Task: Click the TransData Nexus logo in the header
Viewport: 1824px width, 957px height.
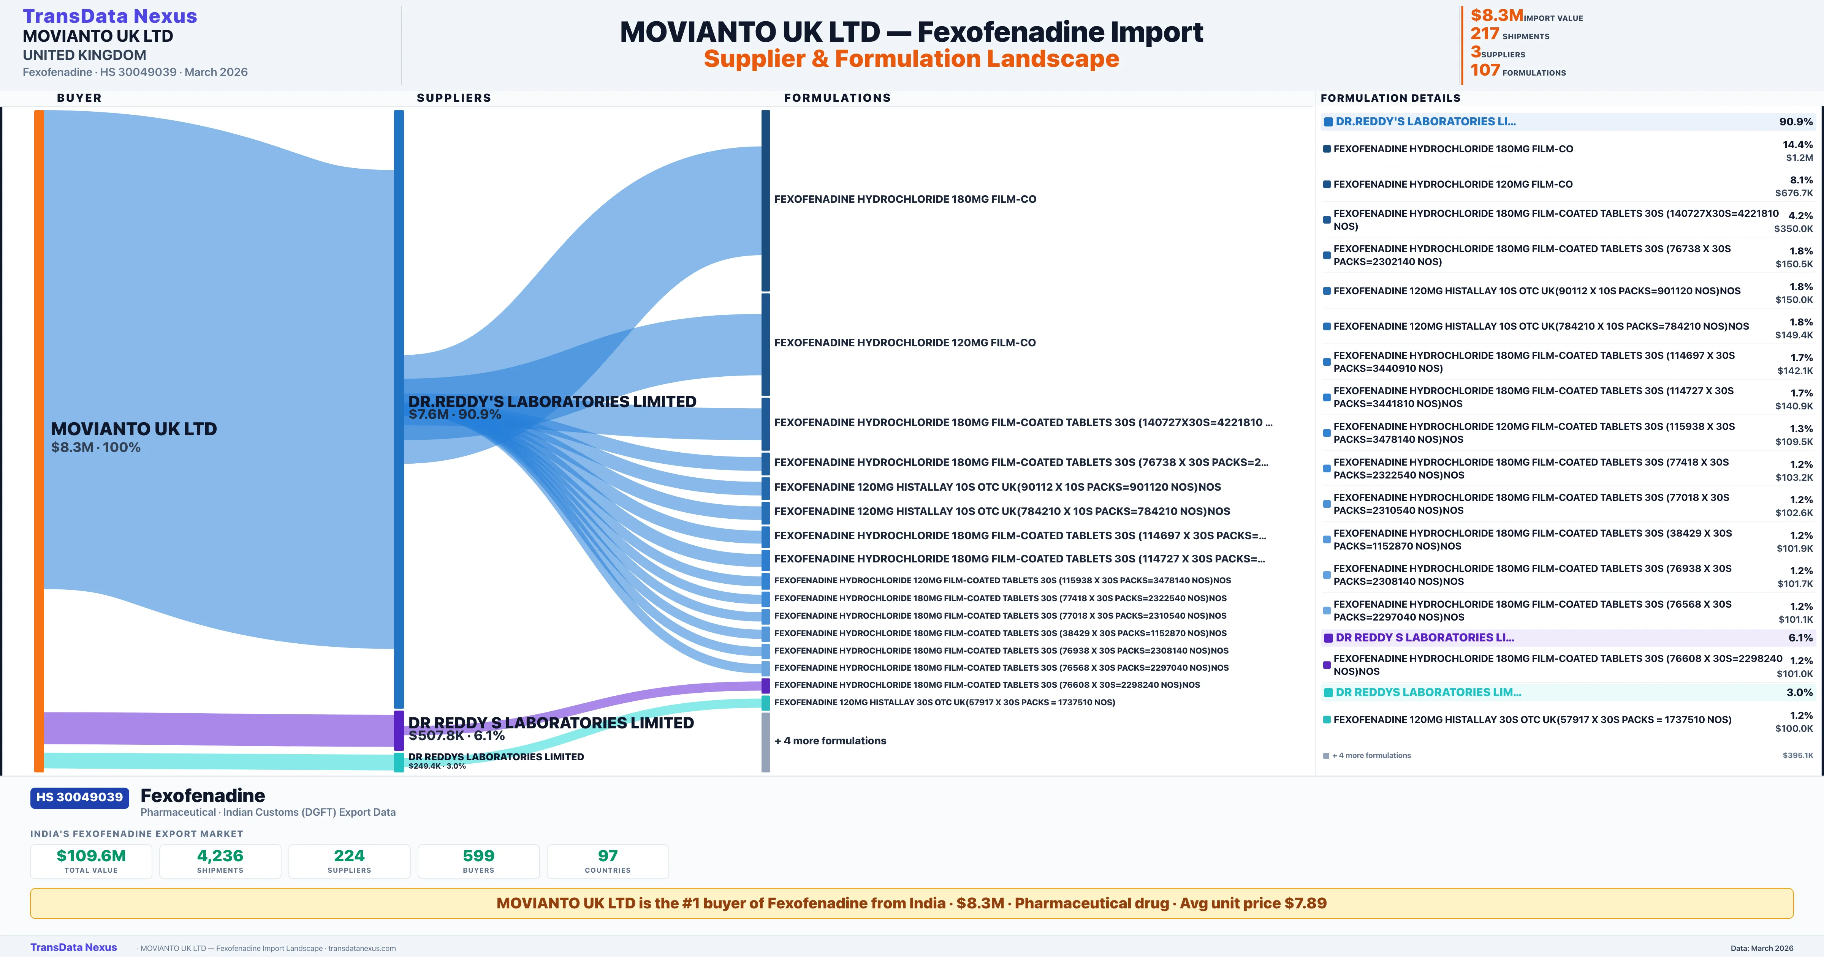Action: click(x=110, y=16)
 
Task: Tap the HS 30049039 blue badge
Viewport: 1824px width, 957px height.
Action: click(x=79, y=798)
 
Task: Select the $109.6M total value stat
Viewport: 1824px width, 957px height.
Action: click(x=91, y=856)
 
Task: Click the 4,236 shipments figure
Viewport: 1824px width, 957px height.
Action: click(x=220, y=856)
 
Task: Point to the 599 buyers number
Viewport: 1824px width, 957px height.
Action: click(x=479, y=856)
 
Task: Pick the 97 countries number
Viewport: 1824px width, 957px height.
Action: click(x=608, y=856)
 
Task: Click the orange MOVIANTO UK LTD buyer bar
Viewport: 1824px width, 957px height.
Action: click(x=39, y=439)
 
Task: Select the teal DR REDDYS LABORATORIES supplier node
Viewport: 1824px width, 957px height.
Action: click(x=399, y=762)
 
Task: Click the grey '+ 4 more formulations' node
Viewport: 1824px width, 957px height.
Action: click(x=765, y=742)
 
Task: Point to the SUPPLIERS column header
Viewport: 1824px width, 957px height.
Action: click(x=454, y=98)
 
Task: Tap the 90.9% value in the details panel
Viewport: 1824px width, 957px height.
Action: click(x=1795, y=122)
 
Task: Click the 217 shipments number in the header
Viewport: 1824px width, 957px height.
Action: click(x=1485, y=34)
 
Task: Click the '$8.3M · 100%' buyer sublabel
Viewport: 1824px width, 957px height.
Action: click(x=96, y=447)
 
